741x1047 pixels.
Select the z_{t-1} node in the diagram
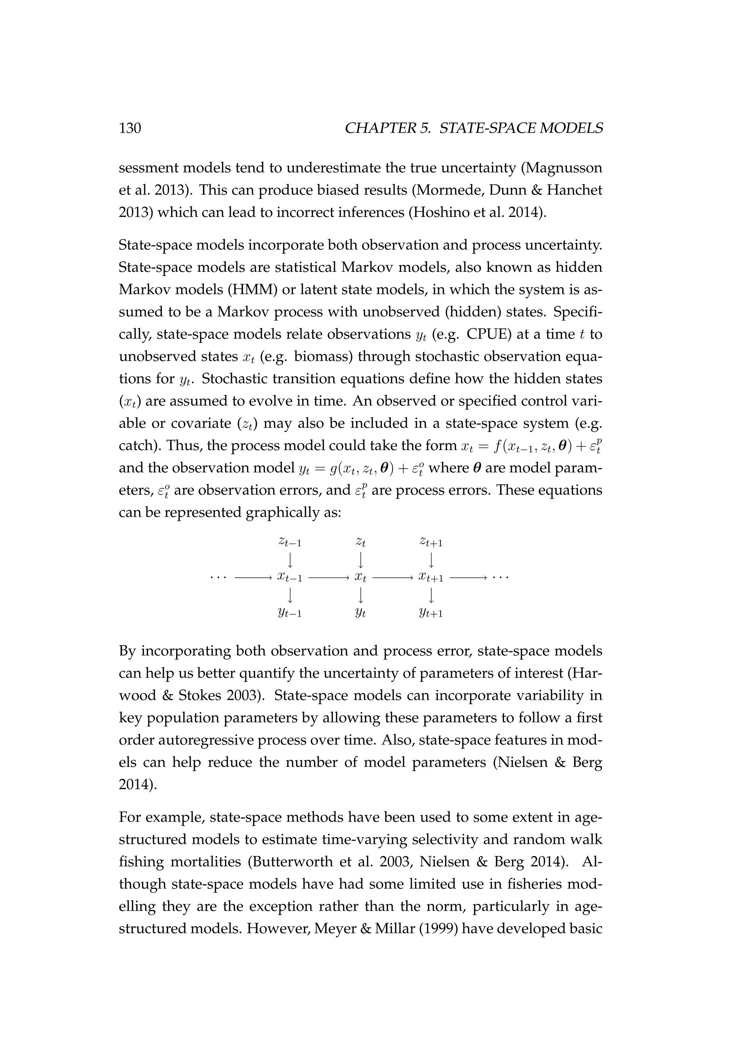tap(290, 542)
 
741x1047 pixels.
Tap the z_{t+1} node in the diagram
tap(431, 542)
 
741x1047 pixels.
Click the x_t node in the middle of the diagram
tap(360, 578)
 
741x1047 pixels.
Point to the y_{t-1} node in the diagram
tap(290, 613)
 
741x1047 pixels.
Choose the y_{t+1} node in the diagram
tap(431, 613)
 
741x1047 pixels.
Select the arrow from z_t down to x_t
tap(360, 560)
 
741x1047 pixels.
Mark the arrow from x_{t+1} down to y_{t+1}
tap(431, 595)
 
